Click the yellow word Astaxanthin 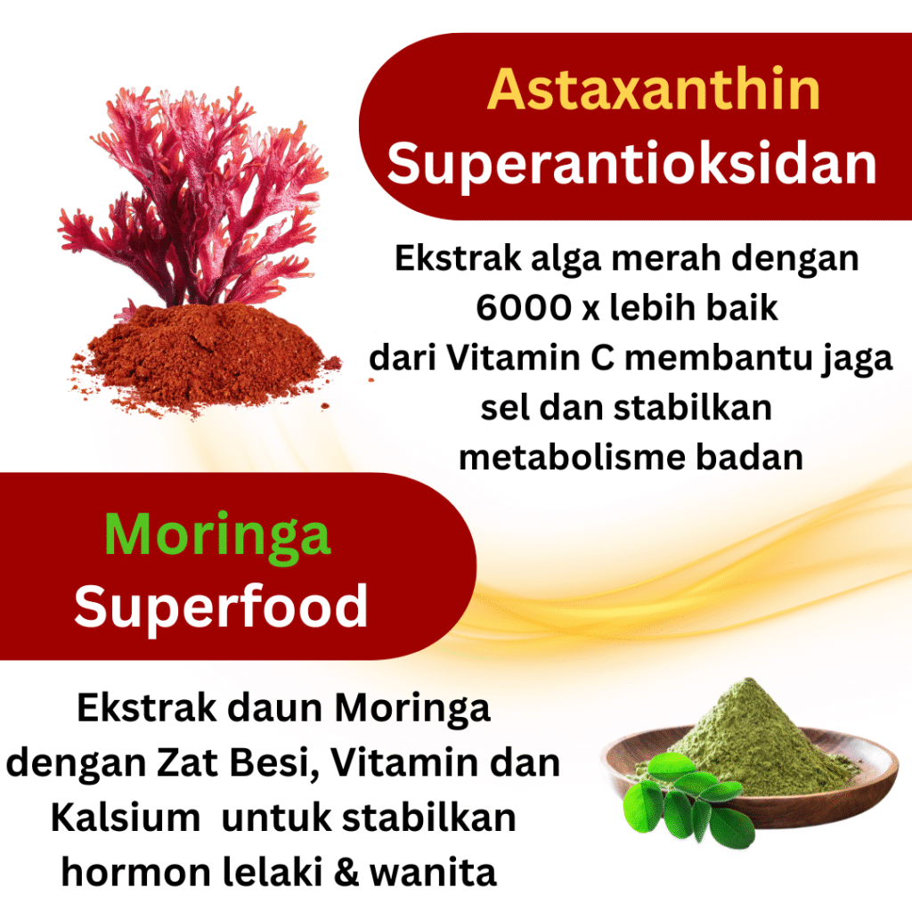[x=653, y=90]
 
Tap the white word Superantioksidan [x=631, y=165]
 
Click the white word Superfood [x=221, y=607]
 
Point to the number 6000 [x=524, y=307]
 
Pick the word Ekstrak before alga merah [x=458, y=257]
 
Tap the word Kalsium [x=126, y=818]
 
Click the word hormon [x=136, y=873]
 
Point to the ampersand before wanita [x=346, y=873]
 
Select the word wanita [x=434, y=873]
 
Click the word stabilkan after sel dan [x=693, y=408]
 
